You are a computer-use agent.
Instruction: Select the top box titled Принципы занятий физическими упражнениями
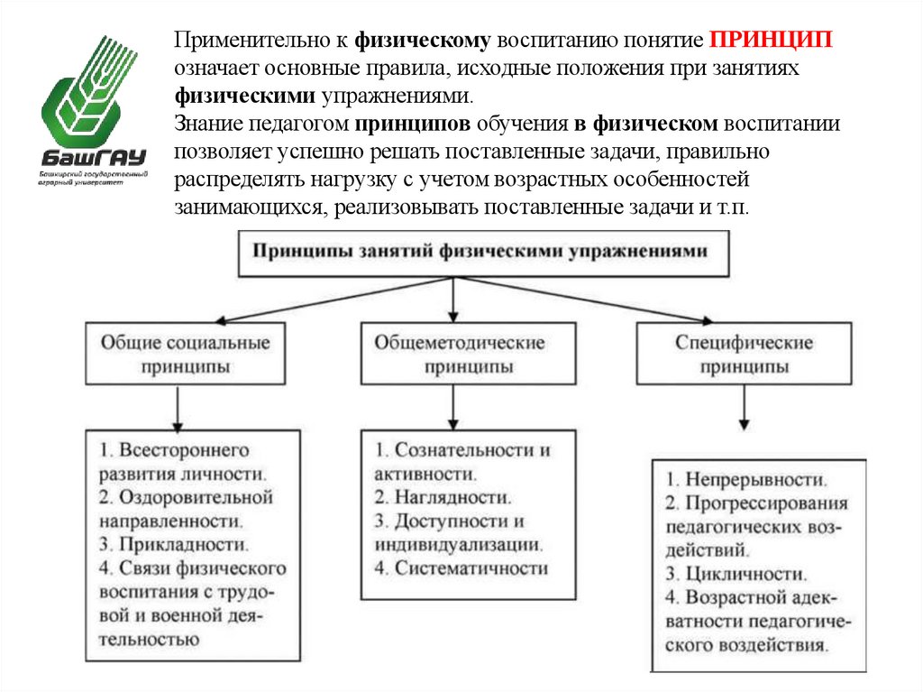click(477, 253)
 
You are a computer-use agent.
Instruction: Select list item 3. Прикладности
click(173, 545)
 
